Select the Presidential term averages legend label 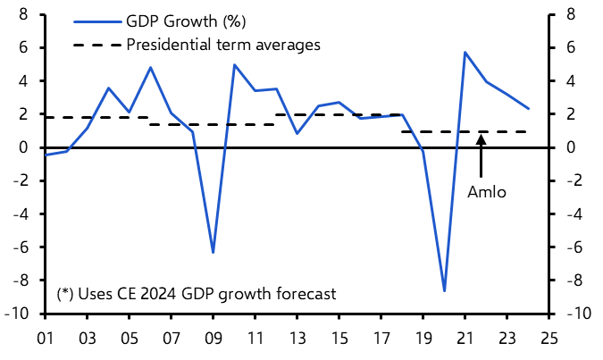[x=223, y=45]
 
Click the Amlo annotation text [x=487, y=191]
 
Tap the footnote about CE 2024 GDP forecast [x=197, y=293]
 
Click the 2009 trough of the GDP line [x=213, y=253]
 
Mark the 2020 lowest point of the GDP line [x=444, y=291]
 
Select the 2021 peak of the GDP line [x=465, y=53]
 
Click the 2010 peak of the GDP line [x=234, y=64]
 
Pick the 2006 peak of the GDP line [x=150, y=67]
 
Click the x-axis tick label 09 [x=213, y=339]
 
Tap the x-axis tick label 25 [x=549, y=339]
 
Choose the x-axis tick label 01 [x=45, y=339]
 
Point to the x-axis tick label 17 [x=381, y=339]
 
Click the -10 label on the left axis [x=20, y=314]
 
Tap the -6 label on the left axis [x=22, y=247]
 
